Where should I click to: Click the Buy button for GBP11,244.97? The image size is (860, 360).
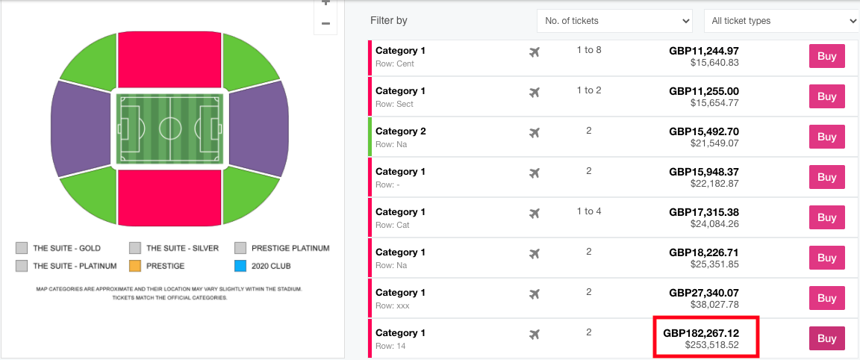(826, 56)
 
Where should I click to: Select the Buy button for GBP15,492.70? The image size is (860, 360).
(826, 137)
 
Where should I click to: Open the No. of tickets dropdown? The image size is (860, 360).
(614, 21)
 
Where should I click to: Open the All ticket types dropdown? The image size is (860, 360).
(781, 21)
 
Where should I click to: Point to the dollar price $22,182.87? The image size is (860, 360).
(714, 184)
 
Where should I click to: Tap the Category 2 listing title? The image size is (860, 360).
(400, 131)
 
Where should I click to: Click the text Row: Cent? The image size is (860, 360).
(394, 64)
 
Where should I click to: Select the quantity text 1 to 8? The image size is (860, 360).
(588, 50)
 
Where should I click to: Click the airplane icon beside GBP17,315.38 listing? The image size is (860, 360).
(534, 214)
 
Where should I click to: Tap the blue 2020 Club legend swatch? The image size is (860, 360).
(240, 266)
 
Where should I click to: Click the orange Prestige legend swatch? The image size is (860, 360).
(135, 266)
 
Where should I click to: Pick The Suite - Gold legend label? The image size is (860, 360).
(66, 248)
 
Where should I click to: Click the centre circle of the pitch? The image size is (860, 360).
(169, 127)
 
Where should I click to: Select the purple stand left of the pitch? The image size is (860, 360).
(81, 127)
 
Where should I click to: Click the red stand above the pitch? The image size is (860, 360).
(169, 60)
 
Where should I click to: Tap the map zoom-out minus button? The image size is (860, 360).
(325, 24)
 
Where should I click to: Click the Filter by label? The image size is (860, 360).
(389, 21)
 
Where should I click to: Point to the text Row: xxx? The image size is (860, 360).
(393, 306)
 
